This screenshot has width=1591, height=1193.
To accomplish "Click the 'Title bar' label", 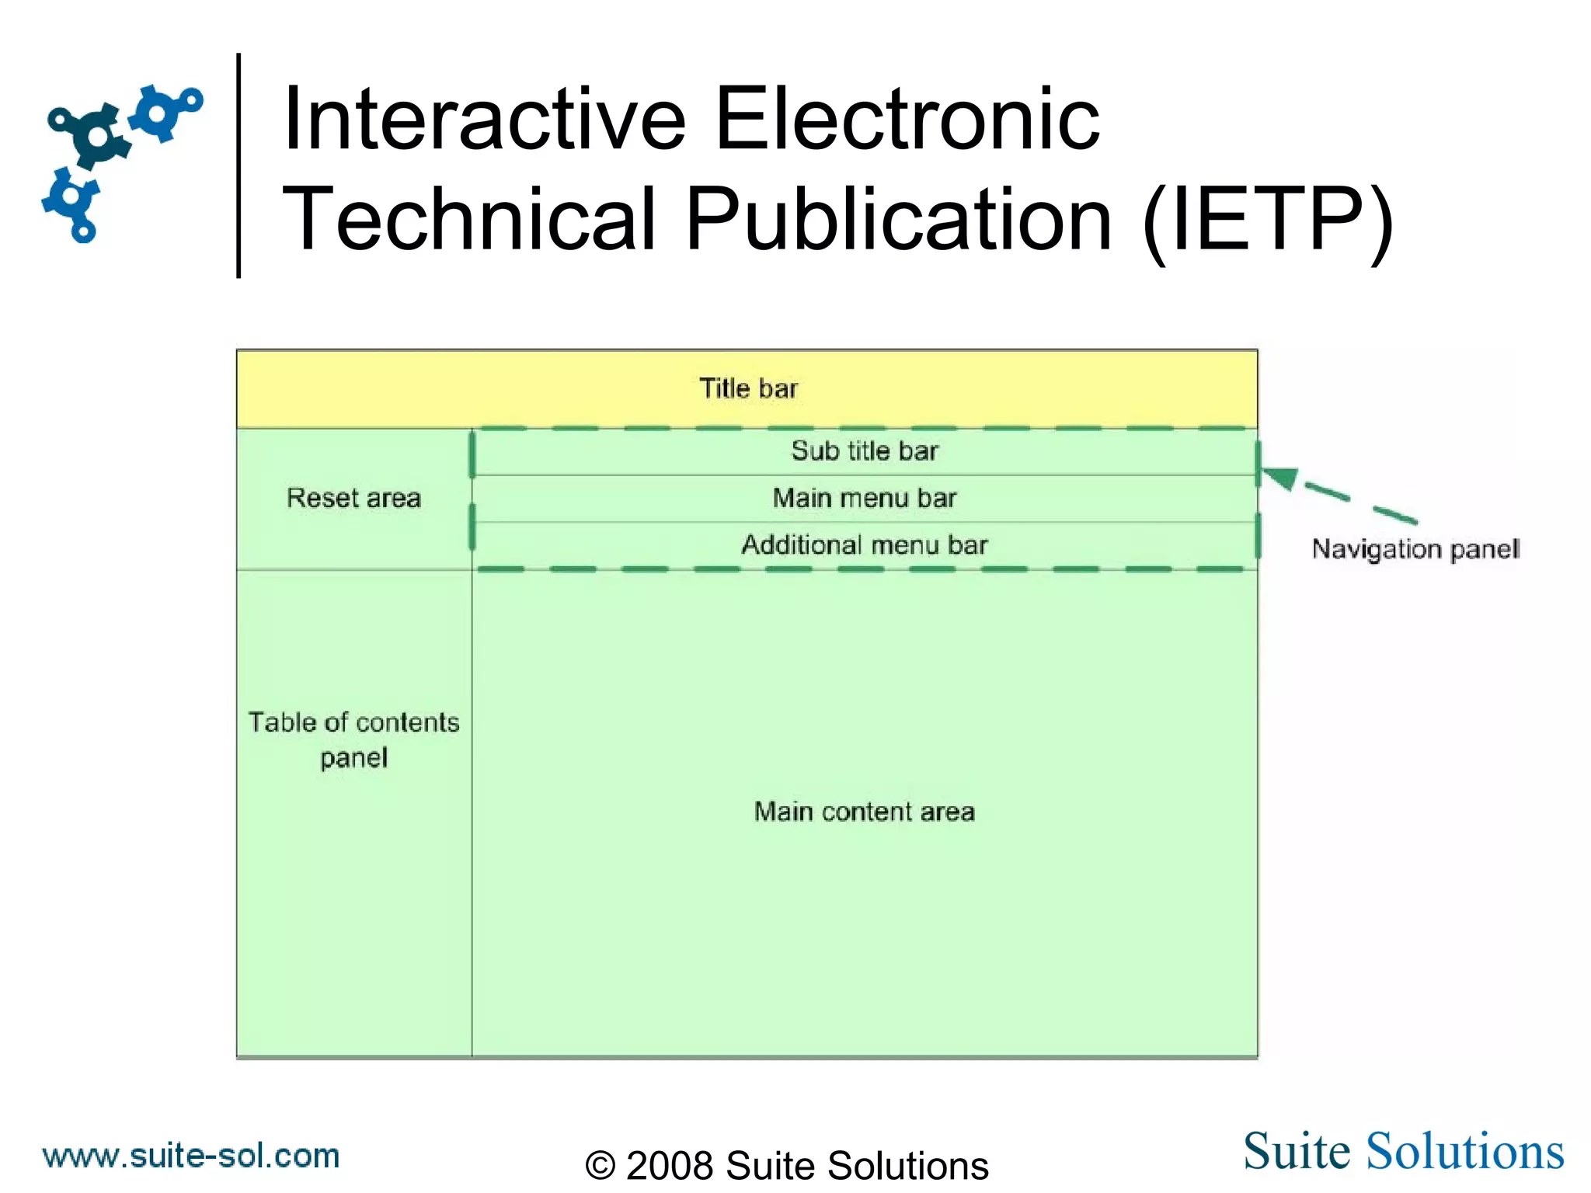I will point(748,388).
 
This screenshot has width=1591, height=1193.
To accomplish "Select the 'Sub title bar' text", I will point(865,450).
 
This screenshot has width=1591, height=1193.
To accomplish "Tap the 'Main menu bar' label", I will point(865,498).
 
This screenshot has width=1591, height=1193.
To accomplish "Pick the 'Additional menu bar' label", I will point(865,545).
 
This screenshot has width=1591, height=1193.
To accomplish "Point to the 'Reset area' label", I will point(353,498).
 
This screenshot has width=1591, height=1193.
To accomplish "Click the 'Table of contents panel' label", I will point(353,739).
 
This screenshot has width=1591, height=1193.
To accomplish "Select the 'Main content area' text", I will point(865,812).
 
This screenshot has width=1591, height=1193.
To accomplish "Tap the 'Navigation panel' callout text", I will point(1415,549).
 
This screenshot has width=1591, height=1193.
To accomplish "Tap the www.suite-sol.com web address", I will point(191,1156).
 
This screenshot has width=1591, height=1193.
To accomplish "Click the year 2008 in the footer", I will point(670,1165).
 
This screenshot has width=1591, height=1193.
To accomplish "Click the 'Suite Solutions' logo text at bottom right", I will point(1403,1151).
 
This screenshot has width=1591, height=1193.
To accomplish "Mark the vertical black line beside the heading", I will point(238,165).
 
